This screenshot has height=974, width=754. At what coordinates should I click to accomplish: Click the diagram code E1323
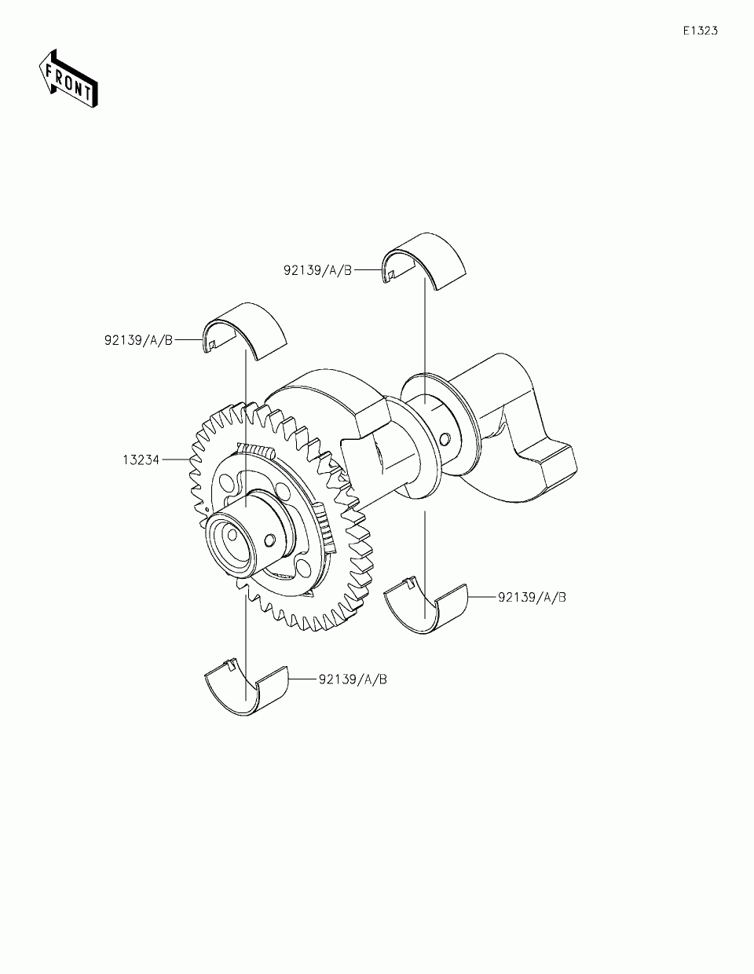click(x=699, y=31)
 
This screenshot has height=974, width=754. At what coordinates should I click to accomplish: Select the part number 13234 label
click(x=141, y=460)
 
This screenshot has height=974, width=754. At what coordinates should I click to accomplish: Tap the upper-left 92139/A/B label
click(x=137, y=340)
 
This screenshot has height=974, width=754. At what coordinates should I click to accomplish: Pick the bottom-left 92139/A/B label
click(x=353, y=679)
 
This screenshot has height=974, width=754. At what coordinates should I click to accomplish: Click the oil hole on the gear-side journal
click(x=270, y=540)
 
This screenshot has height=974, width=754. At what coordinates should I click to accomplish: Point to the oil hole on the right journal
click(x=445, y=437)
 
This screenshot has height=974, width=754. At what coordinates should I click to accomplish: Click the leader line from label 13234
click(x=174, y=460)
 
